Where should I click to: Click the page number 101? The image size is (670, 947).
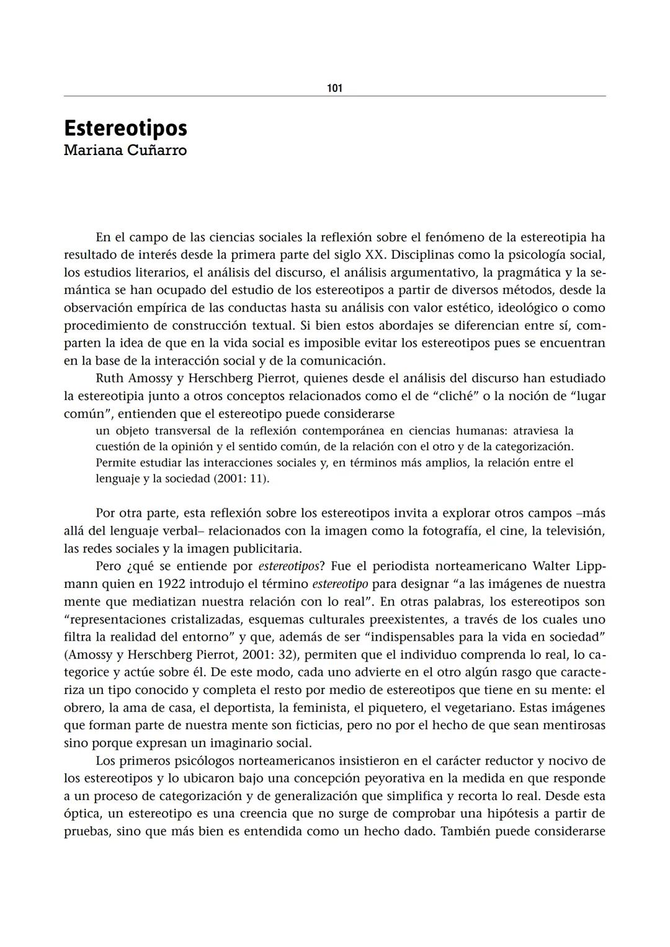coord(334,88)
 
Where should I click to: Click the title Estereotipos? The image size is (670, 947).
coord(125,128)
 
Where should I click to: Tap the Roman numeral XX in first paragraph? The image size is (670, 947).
coord(374,255)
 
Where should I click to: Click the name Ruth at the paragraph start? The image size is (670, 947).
coord(109,378)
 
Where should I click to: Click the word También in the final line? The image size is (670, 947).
coord(465,831)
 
